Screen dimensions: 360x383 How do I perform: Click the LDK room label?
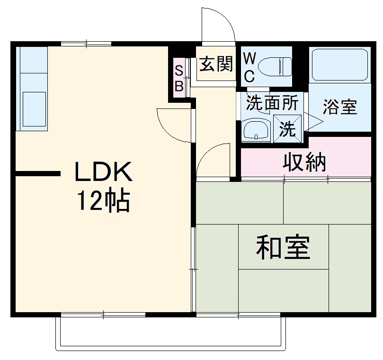tap(103, 173)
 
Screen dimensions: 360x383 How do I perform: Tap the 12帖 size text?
tap(104, 202)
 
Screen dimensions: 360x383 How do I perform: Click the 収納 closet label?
tap(304, 162)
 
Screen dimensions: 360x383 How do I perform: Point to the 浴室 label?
tap(339, 107)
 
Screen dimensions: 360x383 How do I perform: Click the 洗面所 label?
tap(272, 103)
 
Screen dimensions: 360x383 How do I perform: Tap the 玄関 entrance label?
tap(216, 64)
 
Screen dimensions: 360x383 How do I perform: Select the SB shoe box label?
tap(179, 78)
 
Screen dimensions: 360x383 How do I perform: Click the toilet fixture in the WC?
tap(277, 66)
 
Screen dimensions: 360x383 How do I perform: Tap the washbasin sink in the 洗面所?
tap(256, 129)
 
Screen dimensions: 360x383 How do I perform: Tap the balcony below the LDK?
tap(170, 334)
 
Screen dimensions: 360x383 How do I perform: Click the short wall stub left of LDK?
tap(38, 174)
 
